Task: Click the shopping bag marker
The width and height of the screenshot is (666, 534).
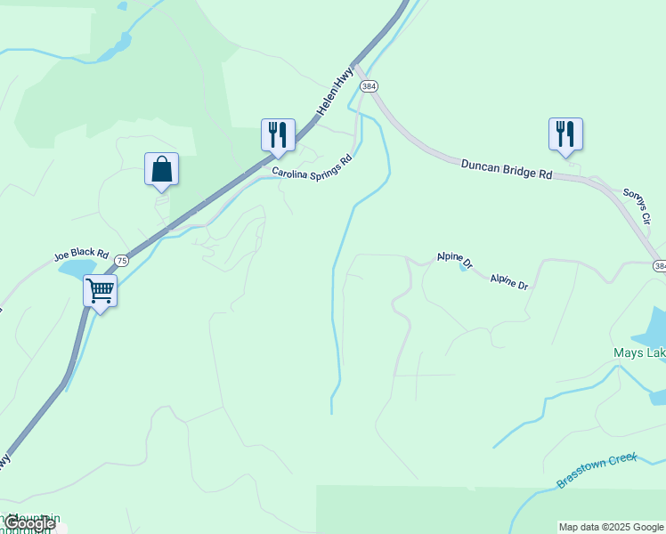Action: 161,169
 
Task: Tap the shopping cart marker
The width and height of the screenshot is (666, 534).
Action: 100,290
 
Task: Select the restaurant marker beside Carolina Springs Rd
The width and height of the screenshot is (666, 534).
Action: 278,135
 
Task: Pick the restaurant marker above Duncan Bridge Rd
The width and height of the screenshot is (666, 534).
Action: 565,134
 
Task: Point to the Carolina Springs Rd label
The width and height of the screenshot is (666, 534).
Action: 313,166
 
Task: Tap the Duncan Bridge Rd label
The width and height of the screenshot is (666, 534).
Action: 507,168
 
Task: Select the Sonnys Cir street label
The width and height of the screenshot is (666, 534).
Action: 638,205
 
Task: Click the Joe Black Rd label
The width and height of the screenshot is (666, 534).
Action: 81,255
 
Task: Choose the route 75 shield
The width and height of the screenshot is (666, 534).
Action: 121,260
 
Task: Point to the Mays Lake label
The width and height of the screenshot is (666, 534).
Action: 639,353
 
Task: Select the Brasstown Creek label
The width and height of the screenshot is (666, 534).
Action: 597,470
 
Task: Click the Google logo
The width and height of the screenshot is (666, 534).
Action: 29,523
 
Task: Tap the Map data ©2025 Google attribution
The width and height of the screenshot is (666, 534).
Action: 611,527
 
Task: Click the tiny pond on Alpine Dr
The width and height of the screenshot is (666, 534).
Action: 464,266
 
